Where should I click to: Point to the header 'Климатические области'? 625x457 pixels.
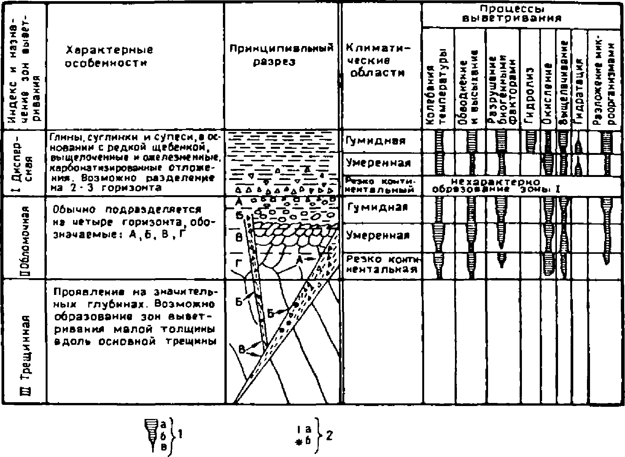[376, 61]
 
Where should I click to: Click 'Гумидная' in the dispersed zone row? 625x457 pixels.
[376, 141]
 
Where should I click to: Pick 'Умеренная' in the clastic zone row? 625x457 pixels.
[378, 236]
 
